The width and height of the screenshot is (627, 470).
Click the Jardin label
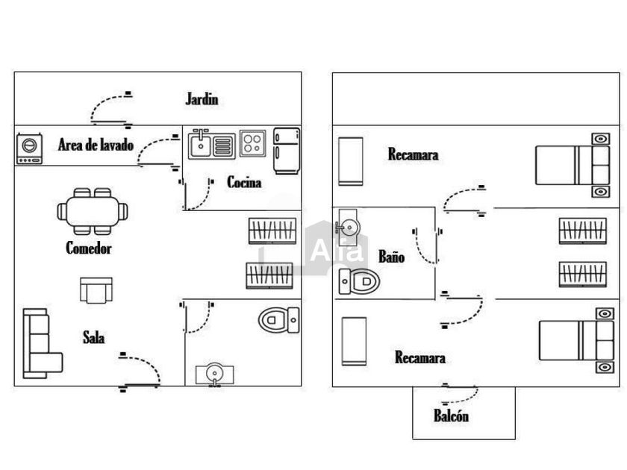[x=202, y=99]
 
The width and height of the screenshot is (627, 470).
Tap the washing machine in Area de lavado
[x=30, y=148]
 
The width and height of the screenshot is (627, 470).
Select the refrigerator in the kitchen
[x=287, y=151]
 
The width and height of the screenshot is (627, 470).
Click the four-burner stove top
[x=252, y=143]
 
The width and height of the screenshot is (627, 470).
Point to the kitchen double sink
[x=211, y=144]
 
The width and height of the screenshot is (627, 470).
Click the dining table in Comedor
[x=93, y=211]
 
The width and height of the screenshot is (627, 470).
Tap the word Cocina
[x=244, y=182]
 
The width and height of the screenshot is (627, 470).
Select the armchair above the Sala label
[x=96, y=290]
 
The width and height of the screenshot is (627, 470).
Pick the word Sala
[x=94, y=338]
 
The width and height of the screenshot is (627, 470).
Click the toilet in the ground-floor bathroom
[x=278, y=320]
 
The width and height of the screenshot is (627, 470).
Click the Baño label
[x=391, y=257]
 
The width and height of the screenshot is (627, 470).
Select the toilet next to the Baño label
[x=359, y=281]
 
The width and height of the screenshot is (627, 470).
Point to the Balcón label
[x=451, y=416]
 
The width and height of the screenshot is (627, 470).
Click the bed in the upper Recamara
[x=573, y=165]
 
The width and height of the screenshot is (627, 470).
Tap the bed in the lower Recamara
[x=576, y=340]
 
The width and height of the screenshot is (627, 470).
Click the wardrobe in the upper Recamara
[x=351, y=161]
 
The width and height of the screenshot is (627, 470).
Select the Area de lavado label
[x=96, y=145]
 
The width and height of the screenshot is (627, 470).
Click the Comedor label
[x=88, y=248]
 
